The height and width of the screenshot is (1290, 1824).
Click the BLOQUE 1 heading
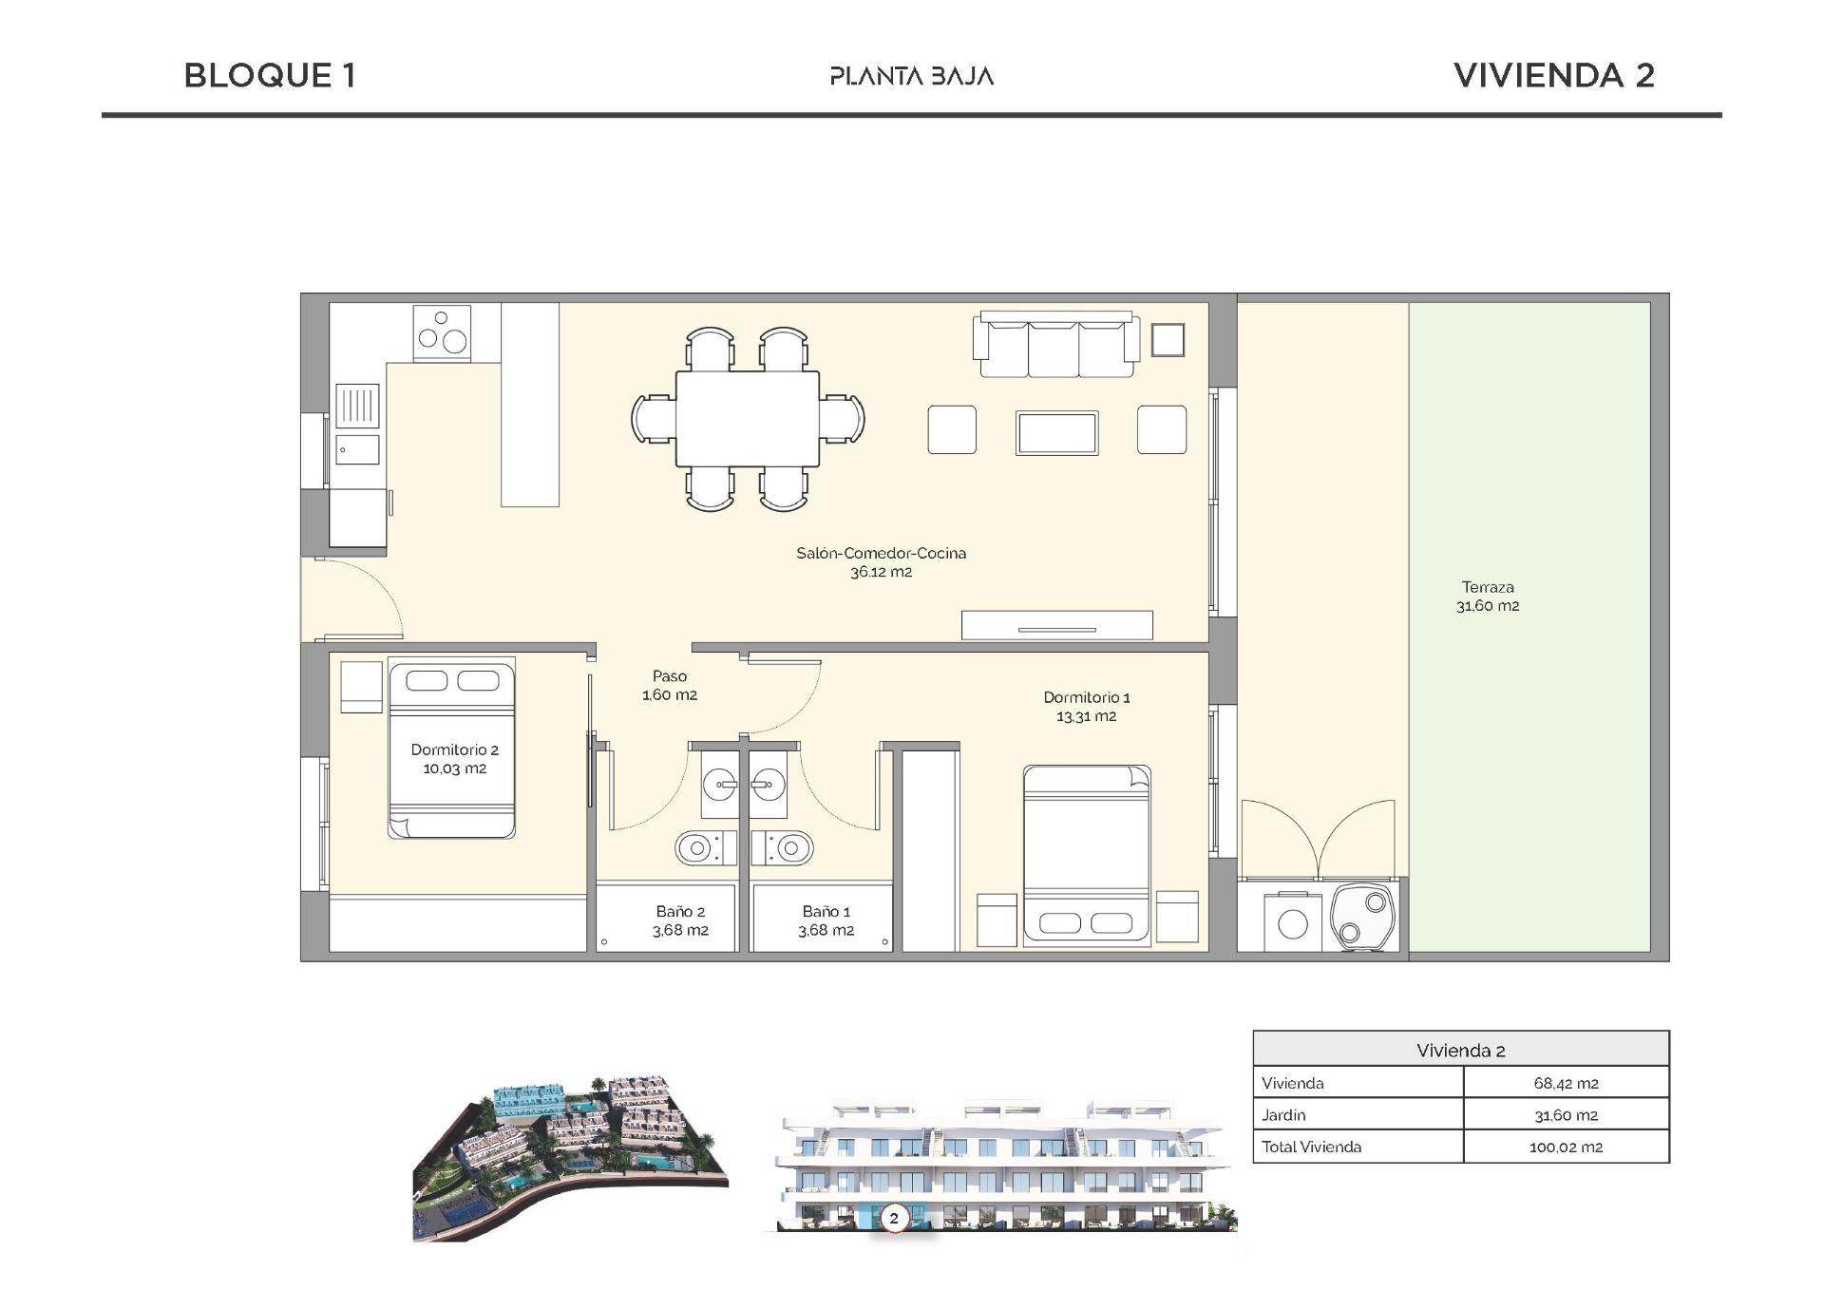tap(270, 76)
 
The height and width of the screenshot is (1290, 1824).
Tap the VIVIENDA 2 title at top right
tap(1553, 76)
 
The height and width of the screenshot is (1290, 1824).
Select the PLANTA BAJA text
tap(911, 76)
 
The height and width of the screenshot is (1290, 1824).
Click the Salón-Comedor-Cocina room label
tap(881, 561)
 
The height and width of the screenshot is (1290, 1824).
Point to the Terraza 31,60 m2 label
tap(1488, 597)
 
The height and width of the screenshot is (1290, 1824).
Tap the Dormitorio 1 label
tap(1086, 706)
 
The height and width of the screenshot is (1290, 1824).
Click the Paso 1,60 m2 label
tap(670, 685)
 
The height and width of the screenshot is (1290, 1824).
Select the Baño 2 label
tap(680, 920)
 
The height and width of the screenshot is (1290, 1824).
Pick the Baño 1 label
tap(826, 920)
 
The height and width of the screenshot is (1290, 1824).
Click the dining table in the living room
tap(747, 418)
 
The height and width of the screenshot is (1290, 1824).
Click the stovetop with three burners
tap(442, 332)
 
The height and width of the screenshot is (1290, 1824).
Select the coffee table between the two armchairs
tap(1056, 433)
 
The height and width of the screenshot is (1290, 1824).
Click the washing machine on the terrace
tap(1291, 921)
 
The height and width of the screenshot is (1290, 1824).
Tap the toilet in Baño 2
tap(705, 846)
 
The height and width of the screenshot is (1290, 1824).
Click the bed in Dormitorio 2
tap(452, 750)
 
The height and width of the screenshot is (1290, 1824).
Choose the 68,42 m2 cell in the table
tap(1565, 1083)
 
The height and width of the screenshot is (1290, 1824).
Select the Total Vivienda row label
tap(1311, 1147)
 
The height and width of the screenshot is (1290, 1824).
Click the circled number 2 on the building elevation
tap(893, 1217)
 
